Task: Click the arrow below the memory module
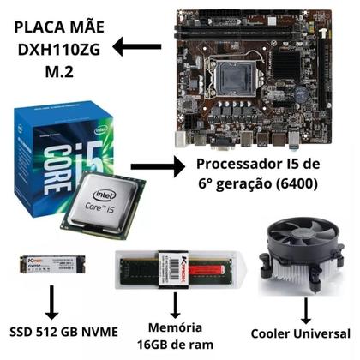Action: click(175, 303)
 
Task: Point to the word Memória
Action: click(175, 327)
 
